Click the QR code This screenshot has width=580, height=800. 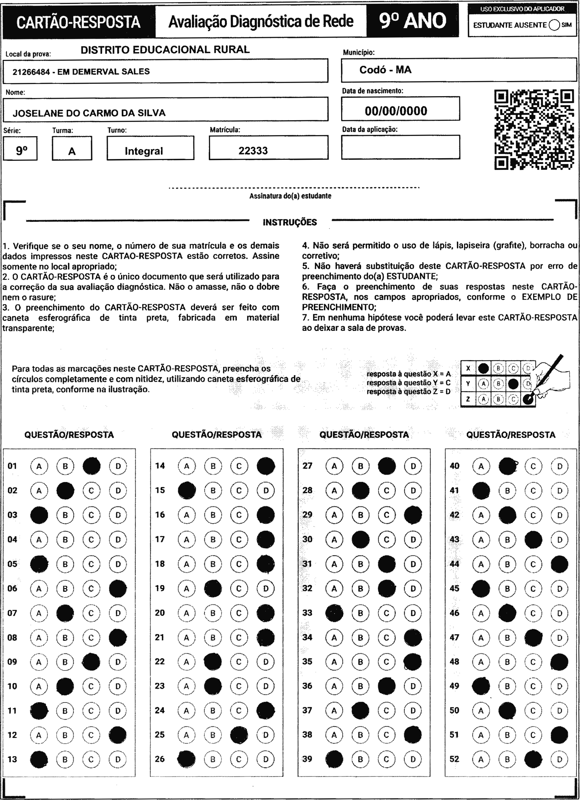[x=534, y=130]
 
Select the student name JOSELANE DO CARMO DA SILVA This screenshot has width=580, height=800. [x=89, y=113]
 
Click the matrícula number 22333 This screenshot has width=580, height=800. [x=253, y=151]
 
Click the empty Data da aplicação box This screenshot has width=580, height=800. [x=400, y=147]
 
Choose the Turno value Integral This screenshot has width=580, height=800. [x=144, y=151]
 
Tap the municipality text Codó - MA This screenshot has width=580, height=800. [x=385, y=70]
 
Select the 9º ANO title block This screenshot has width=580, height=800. [x=412, y=21]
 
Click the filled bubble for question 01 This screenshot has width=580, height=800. [x=91, y=466]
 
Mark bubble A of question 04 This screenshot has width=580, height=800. [x=39, y=539]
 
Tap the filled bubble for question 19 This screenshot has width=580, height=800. [x=213, y=588]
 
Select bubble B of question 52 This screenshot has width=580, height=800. [x=507, y=759]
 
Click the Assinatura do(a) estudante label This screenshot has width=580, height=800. [x=290, y=196]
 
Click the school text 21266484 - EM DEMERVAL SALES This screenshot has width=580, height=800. [x=81, y=72]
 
